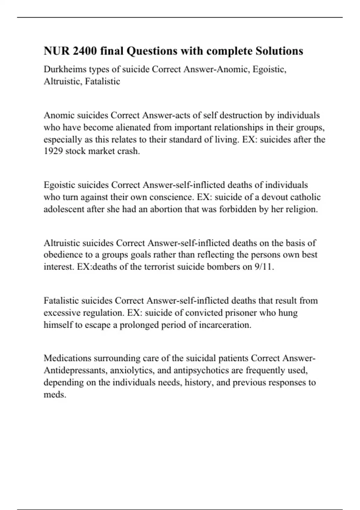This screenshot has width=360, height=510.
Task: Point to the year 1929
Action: point(53,151)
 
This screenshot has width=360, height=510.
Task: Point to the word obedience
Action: point(63,255)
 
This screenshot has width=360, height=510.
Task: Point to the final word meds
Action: point(55,394)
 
